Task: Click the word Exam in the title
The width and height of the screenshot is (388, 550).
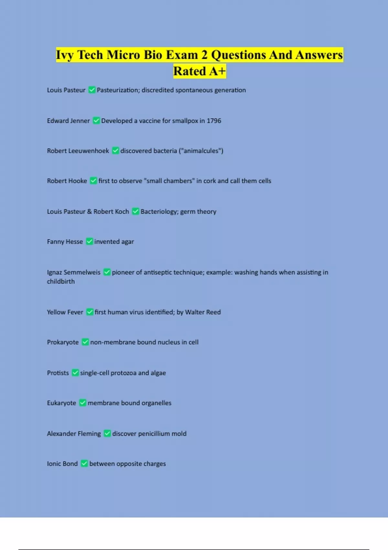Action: click(x=182, y=55)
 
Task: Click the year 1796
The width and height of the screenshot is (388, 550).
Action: click(x=214, y=121)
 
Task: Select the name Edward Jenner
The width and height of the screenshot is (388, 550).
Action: click(x=68, y=121)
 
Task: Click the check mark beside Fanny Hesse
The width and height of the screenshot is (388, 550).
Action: click(x=90, y=241)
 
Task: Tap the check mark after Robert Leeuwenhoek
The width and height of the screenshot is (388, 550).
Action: click(x=115, y=150)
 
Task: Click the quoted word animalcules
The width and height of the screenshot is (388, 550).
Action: click(x=201, y=151)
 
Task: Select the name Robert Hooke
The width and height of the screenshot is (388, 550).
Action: click(x=67, y=181)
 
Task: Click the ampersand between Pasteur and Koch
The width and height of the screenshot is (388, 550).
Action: click(x=89, y=212)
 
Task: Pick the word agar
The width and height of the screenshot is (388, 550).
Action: click(x=127, y=242)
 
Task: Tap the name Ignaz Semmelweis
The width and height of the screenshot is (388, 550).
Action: click(x=74, y=272)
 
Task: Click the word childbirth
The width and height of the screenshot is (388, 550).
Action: click(x=61, y=281)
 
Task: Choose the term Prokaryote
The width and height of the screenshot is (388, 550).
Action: click(x=63, y=342)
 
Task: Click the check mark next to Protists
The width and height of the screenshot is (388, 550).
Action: click(x=75, y=373)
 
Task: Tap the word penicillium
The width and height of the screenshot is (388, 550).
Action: click(x=154, y=434)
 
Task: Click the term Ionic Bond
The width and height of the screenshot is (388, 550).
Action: click(x=62, y=464)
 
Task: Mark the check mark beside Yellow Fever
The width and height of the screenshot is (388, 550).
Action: click(x=90, y=312)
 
